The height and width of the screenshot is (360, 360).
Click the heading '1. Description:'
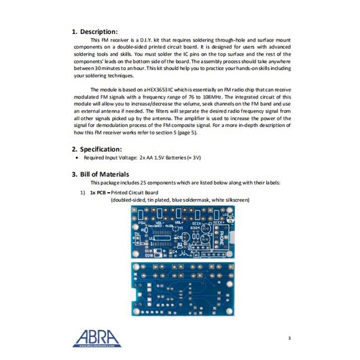tap(95, 32)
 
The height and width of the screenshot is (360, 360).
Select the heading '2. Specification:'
tap(98, 149)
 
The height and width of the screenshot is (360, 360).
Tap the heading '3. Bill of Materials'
tap(105, 175)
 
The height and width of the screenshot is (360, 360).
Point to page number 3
tap(289, 338)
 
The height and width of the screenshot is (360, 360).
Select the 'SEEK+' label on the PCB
tap(218, 221)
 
